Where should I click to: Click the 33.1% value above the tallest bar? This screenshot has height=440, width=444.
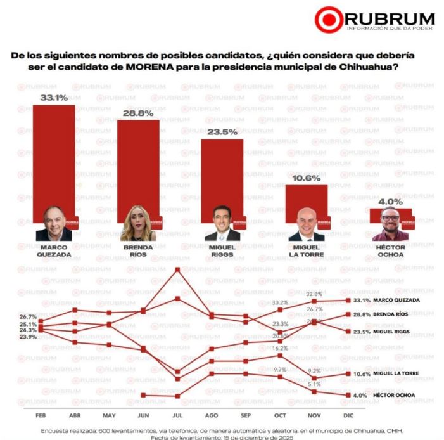[x=54, y=98]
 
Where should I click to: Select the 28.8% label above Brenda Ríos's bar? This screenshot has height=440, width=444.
[x=137, y=113]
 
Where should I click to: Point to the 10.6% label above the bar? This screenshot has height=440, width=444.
[x=307, y=178]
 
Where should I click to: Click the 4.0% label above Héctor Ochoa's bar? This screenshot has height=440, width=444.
[x=390, y=202]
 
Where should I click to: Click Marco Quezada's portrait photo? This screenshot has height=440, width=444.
[x=54, y=223]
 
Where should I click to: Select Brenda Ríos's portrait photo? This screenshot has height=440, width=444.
[x=138, y=223]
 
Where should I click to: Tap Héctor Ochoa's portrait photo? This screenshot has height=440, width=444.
[x=390, y=224]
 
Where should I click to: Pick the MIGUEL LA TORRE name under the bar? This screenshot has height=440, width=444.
[x=307, y=250]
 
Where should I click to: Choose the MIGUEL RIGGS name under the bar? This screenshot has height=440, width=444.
[x=222, y=250]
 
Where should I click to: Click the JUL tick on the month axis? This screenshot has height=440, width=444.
[x=177, y=415]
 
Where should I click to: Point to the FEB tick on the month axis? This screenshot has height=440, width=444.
[x=40, y=415]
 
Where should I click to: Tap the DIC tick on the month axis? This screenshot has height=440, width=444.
[x=348, y=415]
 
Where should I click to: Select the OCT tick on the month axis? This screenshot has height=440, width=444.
[x=280, y=415]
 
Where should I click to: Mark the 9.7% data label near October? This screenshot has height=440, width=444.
[x=281, y=369]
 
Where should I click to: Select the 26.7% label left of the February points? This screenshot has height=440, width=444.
[x=27, y=316]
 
